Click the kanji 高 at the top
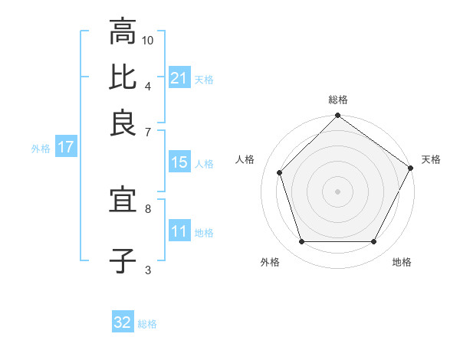(123, 33)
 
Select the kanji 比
(123, 77)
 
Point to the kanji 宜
(123, 201)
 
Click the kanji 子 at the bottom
(123, 260)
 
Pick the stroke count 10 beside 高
(148, 41)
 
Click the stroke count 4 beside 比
(148, 85)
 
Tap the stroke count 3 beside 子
(148, 269)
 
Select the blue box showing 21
(179, 77)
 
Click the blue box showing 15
(179, 162)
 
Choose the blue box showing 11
(179, 231)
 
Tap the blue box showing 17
(65, 147)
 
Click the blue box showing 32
(123, 322)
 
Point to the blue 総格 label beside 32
(147, 324)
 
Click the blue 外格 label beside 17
(41, 149)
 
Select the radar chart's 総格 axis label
(338, 100)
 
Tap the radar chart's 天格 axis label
(431, 159)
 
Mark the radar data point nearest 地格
(373, 241)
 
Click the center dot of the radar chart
(338, 191)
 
